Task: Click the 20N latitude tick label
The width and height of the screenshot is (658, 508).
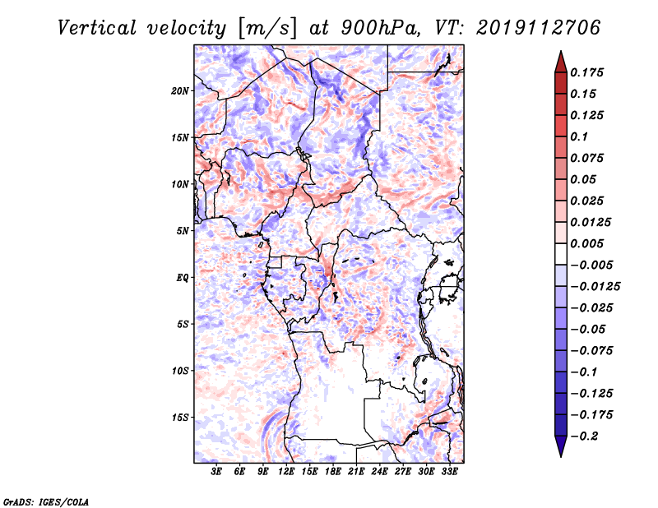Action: pyautogui.click(x=179, y=91)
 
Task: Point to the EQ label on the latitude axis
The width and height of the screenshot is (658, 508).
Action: pyautogui.click(x=183, y=278)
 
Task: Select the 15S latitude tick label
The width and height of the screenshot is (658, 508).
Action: pyautogui.click(x=180, y=418)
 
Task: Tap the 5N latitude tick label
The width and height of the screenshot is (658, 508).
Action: pyautogui.click(x=183, y=231)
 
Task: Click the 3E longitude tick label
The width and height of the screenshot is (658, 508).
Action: pyautogui.click(x=216, y=472)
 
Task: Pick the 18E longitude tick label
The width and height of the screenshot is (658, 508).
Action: pyautogui.click(x=332, y=472)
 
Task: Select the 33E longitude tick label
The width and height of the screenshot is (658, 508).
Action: pyautogui.click(x=449, y=472)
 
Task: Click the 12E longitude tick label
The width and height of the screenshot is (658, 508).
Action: pyautogui.click(x=285, y=472)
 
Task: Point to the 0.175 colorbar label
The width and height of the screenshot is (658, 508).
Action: pyautogui.click(x=586, y=72)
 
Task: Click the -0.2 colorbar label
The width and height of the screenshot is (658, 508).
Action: pyautogui.click(x=584, y=436)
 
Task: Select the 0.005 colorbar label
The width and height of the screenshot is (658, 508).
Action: pyautogui.click(x=586, y=243)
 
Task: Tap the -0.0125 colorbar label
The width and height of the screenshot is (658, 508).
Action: pyautogui.click(x=595, y=287)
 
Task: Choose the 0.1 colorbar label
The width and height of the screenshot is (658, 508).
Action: pyautogui.click(x=579, y=136)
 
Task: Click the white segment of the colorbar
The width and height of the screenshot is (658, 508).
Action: pyautogui.click(x=561, y=254)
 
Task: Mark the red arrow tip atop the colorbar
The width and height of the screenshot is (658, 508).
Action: pyautogui.click(x=561, y=52)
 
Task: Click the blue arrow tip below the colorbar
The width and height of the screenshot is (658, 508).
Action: pyautogui.click(x=561, y=456)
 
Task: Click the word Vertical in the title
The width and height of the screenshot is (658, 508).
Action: pyautogui.click(x=96, y=28)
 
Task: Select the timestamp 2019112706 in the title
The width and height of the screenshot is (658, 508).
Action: pyautogui.click(x=539, y=28)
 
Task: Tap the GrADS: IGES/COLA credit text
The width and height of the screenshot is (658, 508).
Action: pyautogui.click(x=46, y=501)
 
